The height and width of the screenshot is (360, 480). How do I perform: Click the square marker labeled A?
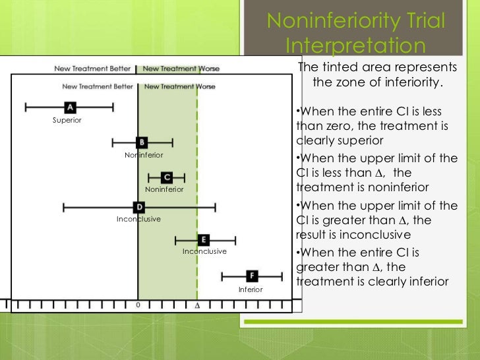70,107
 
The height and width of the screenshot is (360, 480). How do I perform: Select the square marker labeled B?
142,142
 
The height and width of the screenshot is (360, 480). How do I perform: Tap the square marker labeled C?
167,177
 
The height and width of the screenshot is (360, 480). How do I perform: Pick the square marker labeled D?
138,207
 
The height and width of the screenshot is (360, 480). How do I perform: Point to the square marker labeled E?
204,239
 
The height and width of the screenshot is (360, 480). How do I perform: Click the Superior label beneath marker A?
67,120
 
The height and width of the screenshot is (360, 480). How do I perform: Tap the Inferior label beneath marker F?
251,289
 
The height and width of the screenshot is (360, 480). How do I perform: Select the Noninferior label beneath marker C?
164,189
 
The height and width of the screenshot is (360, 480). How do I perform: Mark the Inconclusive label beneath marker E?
204,251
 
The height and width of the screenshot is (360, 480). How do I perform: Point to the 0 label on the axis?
138,306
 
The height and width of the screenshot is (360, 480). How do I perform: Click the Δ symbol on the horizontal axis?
196,307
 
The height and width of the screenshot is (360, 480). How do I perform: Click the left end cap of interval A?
25,107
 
